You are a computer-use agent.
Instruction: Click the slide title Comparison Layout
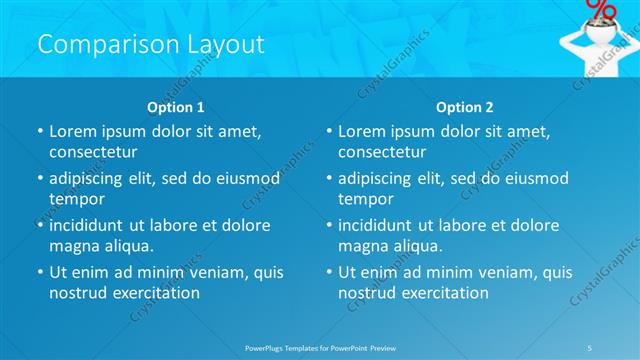tap(151, 45)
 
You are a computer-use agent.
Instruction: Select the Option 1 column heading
tap(175, 107)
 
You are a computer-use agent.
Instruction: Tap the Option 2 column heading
tap(464, 107)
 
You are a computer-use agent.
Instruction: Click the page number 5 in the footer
tap(590, 347)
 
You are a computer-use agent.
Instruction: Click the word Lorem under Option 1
tap(74, 131)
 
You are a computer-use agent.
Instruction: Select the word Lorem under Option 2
tap(363, 131)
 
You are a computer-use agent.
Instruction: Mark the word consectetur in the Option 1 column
tap(93, 152)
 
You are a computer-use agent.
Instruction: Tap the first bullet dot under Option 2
tap(330, 132)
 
